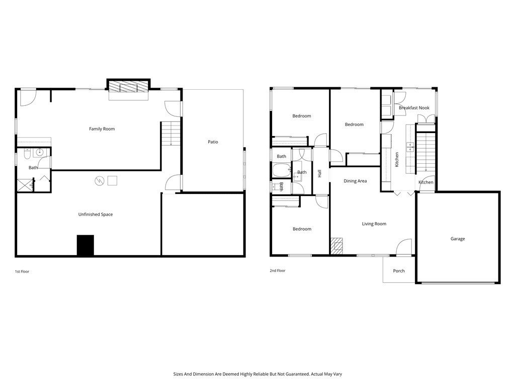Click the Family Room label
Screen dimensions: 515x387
102,129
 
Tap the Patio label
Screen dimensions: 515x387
213,142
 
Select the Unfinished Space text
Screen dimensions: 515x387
96,215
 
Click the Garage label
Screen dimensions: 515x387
458,239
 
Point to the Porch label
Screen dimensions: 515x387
399,271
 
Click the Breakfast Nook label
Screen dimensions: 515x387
414,108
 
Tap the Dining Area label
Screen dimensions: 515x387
355,181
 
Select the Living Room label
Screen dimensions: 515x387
374,224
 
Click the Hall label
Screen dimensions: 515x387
319,173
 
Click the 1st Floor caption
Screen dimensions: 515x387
22,272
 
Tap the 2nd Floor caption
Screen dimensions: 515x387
278,271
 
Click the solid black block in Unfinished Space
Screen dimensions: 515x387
85,245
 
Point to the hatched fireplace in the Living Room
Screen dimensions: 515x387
336,246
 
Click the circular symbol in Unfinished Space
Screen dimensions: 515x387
100,181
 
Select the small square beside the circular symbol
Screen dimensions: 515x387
113,181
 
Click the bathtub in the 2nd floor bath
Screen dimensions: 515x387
282,170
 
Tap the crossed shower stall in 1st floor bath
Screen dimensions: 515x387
25,185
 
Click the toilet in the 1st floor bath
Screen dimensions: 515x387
27,154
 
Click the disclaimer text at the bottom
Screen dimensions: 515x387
257,374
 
